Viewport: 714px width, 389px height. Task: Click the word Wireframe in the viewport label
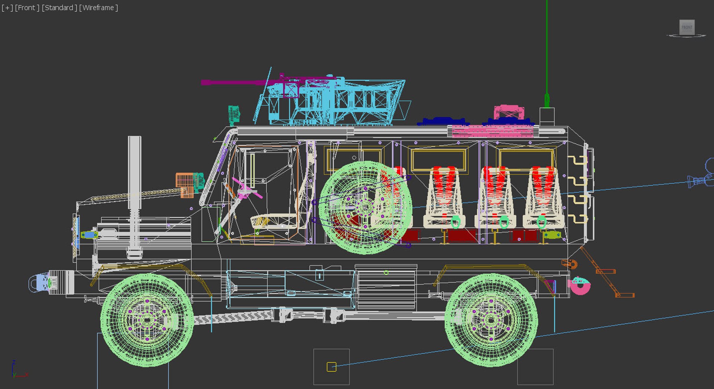pyautogui.click(x=98, y=8)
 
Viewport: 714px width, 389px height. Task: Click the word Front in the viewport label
pyautogui.click(x=27, y=8)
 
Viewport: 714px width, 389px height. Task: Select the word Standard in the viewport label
pyautogui.click(x=59, y=8)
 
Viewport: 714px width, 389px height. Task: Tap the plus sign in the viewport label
pyautogui.click(x=7, y=8)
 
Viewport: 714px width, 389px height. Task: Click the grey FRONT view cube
pyautogui.click(x=687, y=27)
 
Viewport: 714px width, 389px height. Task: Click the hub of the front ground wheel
pyautogui.click(x=147, y=320)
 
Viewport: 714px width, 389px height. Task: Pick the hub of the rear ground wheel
pyautogui.click(x=491, y=320)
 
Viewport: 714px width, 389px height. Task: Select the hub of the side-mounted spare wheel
pyautogui.click(x=365, y=207)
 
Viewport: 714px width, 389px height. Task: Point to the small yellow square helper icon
pyautogui.click(x=331, y=367)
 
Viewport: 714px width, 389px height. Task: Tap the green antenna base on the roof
pyautogui.click(x=547, y=100)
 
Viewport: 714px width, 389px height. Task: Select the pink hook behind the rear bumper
pyautogui.click(x=579, y=286)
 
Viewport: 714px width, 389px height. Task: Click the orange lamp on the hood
pyautogui.click(x=184, y=182)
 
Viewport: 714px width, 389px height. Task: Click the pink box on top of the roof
pyautogui.click(x=509, y=112)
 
